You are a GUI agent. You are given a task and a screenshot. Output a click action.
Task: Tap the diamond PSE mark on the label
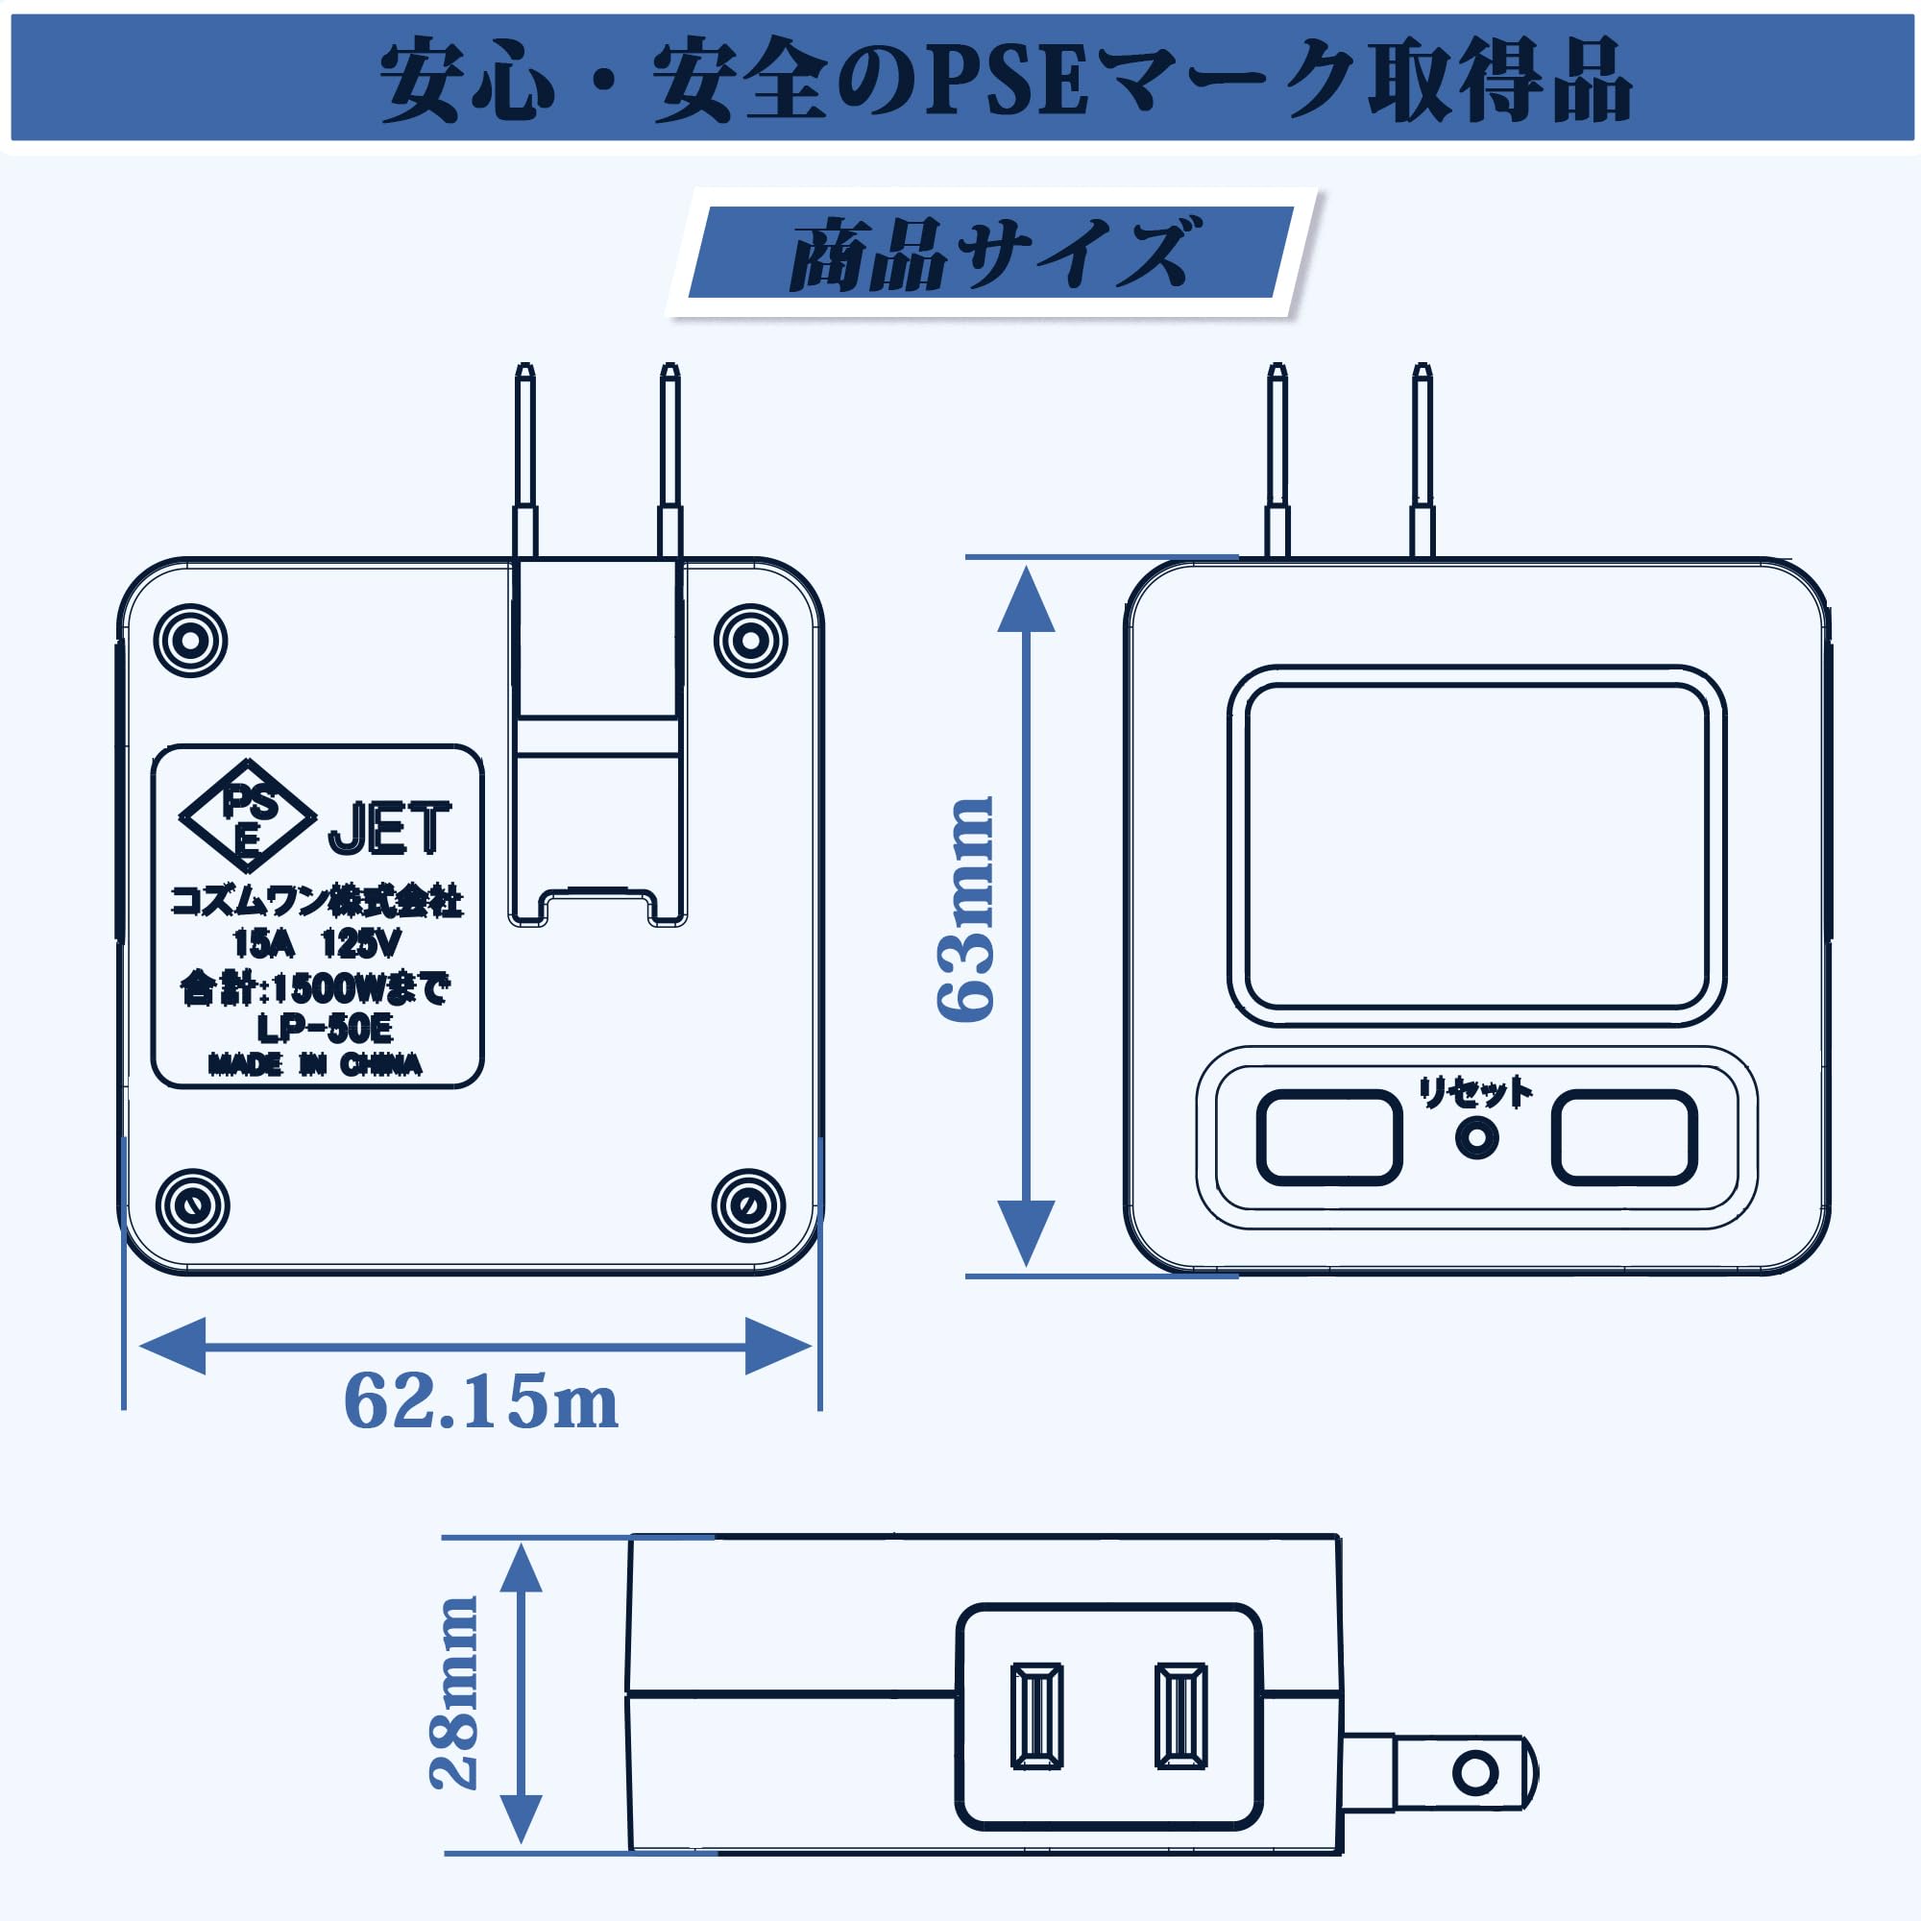tap(248, 816)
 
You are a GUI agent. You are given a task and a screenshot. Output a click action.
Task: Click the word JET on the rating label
tap(389, 829)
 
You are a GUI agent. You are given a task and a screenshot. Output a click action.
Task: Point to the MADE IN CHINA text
tap(315, 1065)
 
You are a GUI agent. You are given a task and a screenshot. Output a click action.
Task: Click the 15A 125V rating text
tap(317, 942)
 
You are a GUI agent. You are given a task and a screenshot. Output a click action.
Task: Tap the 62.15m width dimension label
tap(480, 1402)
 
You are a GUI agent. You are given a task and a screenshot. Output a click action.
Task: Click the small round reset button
tap(1476, 1138)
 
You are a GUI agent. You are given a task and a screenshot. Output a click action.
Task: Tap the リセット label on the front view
tap(1475, 1094)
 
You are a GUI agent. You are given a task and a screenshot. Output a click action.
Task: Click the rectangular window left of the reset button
tap(1329, 1137)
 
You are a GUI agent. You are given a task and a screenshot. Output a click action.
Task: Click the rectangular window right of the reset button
tap(1625, 1137)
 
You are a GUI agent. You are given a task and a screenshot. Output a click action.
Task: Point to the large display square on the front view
tap(1476, 846)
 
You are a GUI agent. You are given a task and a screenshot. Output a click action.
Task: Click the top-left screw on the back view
tap(191, 641)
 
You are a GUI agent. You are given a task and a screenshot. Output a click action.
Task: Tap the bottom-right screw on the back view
tap(749, 1206)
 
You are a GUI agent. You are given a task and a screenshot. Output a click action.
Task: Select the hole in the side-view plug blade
tap(1474, 1772)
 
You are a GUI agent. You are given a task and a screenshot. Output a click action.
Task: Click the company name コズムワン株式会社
tap(317, 901)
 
